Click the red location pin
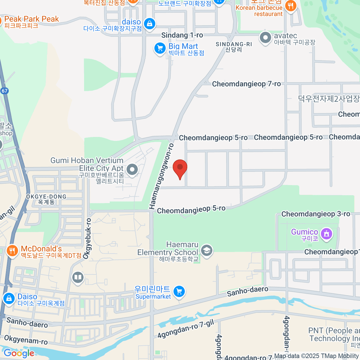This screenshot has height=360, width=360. tap(180, 168)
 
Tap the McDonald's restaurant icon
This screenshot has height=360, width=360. tap(12, 251)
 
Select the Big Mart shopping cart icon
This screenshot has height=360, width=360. tap(160, 48)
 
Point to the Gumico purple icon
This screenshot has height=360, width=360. tap(326, 234)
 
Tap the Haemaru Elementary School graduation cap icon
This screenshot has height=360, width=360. tap(206, 250)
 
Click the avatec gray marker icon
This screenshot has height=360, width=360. tap(265, 38)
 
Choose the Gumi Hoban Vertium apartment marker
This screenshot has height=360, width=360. tap(132, 169)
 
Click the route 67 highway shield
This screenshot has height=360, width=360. tap(4, 91)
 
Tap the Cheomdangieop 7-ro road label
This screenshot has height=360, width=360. tap(246, 84)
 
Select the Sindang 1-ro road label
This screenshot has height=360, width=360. tap(182, 35)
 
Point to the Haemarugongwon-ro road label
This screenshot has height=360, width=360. tap(161, 176)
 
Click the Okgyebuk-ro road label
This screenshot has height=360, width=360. tap(87, 238)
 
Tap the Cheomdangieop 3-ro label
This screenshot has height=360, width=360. tap(316, 214)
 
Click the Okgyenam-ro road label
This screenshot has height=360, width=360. tap(26, 340)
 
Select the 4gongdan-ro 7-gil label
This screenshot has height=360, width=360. tap(186, 329)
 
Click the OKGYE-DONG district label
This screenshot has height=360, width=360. tap(46, 199)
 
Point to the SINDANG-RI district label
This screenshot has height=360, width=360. tap(234, 47)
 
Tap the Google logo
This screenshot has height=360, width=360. tap(19, 353)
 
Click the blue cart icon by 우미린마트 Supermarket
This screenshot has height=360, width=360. tap(179, 291)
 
